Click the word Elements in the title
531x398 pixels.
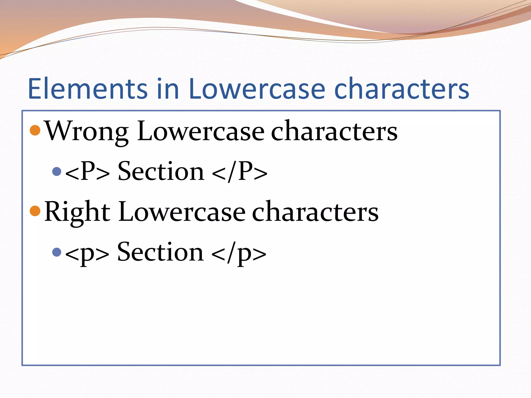pos(88,89)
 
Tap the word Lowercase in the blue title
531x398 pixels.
pos(257,89)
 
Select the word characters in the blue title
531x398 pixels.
pos(402,89)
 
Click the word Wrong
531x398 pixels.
pos(87,132)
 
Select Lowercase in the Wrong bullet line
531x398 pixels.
pos(201,132)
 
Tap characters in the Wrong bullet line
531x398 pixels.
pos(334,132)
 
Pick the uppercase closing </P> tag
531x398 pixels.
pos(240,172)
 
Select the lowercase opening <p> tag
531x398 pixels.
pos(87,253)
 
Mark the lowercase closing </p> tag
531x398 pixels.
pos(239,253)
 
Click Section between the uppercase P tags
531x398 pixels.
pos(161,172)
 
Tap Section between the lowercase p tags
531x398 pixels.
pos(160,252)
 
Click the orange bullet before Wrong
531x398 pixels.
pos(35,130)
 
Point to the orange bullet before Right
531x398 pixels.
pos(35,211)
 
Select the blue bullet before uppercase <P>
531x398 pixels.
pos(57,171)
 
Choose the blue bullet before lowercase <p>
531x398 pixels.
pos(57,252)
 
